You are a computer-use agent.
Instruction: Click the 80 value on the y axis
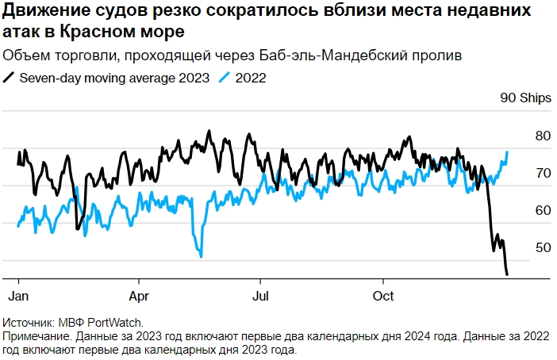[x=521, y=136]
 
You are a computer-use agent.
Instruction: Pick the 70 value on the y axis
[x=521, y=173]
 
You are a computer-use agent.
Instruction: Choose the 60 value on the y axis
[x=521, y=210]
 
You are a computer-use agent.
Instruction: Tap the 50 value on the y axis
[x=521, y=247]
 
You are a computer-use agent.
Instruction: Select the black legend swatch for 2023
[x=10, y=78]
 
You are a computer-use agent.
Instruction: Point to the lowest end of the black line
[x=507, y=274]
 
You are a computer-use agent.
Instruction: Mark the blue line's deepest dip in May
[x=202, y=256]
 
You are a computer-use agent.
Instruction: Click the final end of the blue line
[x=507, y=151]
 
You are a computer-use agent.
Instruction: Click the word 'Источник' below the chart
[x=29, y=323]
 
